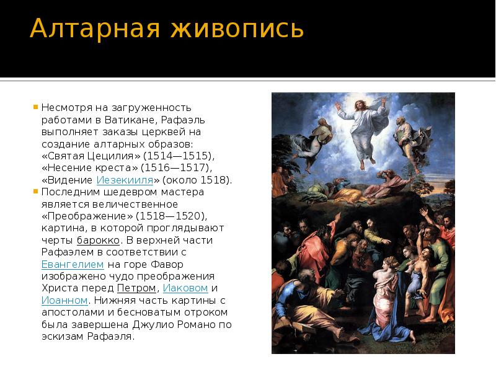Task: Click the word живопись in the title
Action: (x=234, y=30)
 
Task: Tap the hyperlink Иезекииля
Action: (x=125, y=180)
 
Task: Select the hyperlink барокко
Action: (x=94, y=240)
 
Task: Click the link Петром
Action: (x=136, y=288)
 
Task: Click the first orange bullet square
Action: (x=36, y=107)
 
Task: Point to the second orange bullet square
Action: (x=36, y=192)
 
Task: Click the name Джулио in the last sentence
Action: (x=153, y=324)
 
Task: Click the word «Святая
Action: (x=64, y=156)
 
